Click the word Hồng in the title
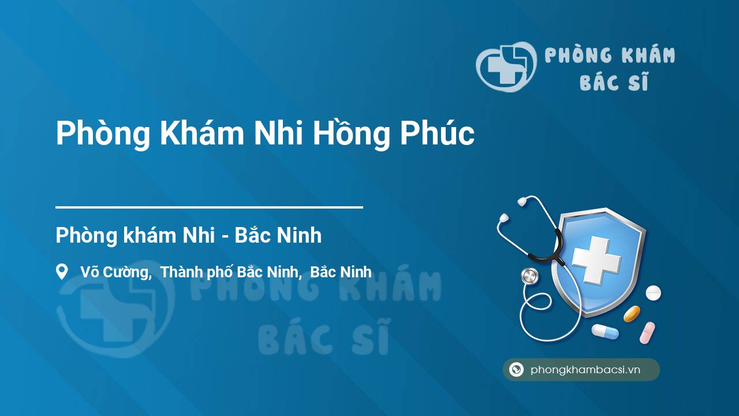click(351, 134)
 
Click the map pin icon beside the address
click(62, 272)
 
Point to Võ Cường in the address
click(115, 272)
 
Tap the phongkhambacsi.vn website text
click(585, 370)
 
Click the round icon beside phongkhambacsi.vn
click(516, 370)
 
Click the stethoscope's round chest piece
click(529, 276)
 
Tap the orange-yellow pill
click(632, 314)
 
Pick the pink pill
click(647, 332)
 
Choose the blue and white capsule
click(604, 332)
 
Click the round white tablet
click(653, 293)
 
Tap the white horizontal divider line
click(209, 207)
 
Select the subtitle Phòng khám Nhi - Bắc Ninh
click(188, 236)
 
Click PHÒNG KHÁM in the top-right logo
click(610, 55)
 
